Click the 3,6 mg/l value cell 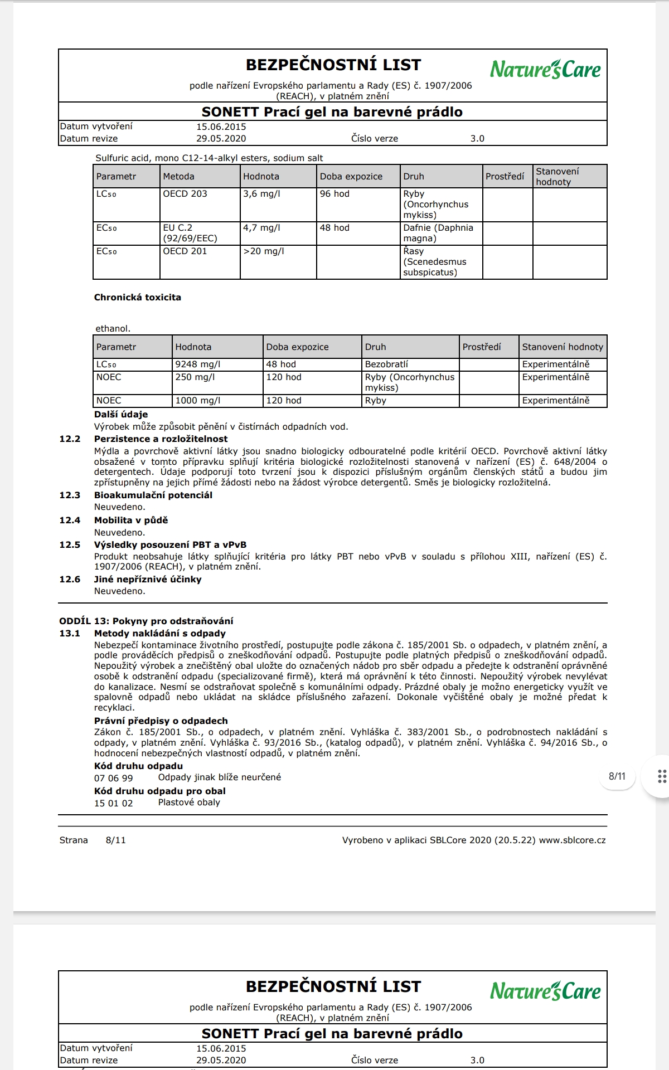coord(262,194)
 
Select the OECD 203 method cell coord(185,194)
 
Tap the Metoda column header coord(179,177)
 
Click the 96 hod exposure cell coord(334,194)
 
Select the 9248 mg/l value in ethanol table coord(198,364)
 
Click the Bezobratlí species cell coord(386,364)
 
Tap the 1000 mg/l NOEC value coord(198,401)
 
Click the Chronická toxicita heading coord(138,298)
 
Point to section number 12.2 coord(70,439)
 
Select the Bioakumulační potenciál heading coord(153,495)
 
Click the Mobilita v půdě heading coord(131,521)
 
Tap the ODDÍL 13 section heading coord(146,621)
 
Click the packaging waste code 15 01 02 coord(114,804)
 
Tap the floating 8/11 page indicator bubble coord(617,776)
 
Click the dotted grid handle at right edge coord(662,776)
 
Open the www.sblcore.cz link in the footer coord(572,840)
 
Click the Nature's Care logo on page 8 coord(545,70)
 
